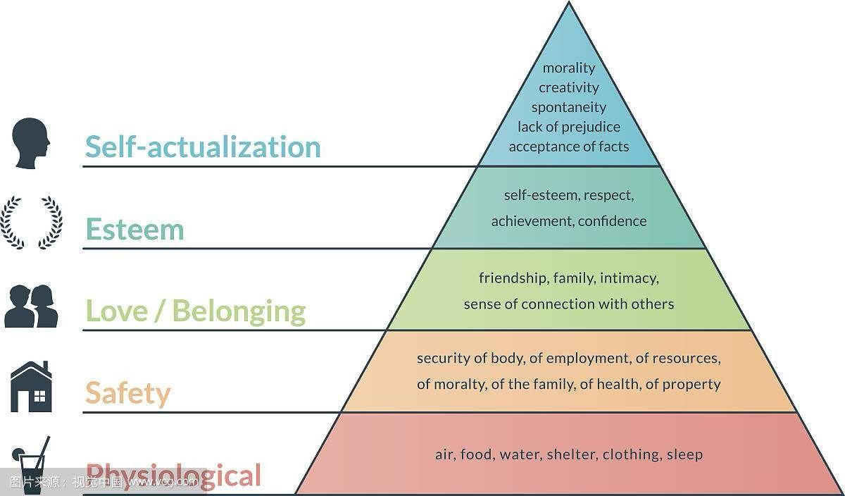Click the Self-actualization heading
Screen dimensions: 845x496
click(x=203, y=147)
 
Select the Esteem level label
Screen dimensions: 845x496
click(x=134, y=229)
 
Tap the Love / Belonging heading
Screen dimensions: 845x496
click(x=195, y=311)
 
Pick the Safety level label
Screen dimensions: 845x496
click(x=127, y=392)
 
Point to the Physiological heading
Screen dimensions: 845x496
click(x=173, y=475)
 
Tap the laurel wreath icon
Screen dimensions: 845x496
click(x=31, y=222)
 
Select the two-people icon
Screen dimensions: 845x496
click(x=32, y=305)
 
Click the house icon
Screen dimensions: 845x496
click(x=31, y=387)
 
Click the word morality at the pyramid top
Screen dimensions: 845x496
click(x=569, y=68)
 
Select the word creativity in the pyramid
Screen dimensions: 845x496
click(x=569, y=87)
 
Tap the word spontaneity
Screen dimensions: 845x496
click(x=569, y=107)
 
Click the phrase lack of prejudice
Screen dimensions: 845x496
click(x=569, y=127)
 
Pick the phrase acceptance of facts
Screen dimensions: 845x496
click(x=569, y=147)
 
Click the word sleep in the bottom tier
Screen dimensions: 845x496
click(x=684, y=454)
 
